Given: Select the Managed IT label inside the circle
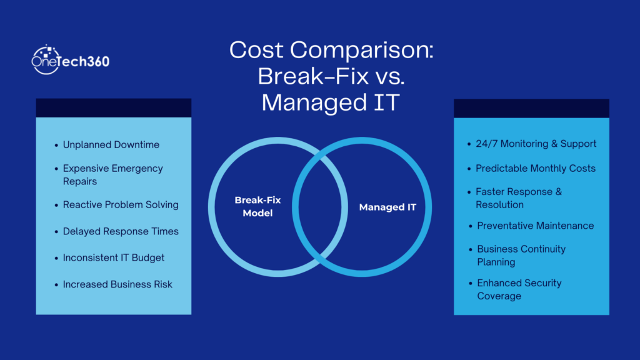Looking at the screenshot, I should tap(387, 207).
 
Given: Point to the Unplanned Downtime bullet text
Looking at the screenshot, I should tap(111, 145).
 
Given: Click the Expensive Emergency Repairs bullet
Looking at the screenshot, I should tap(112, 175).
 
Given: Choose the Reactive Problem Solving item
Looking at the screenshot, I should tap(121, 205).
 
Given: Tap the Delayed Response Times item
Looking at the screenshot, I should tap(121, 231).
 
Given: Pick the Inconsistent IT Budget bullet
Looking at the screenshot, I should tap(114, 257).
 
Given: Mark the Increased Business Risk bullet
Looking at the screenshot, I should tap(117, 284).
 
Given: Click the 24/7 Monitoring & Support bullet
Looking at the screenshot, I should tap(536, 144).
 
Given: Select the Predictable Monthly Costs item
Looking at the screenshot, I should tap(536, 168).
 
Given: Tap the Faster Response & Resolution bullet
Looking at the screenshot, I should tap(518, 198).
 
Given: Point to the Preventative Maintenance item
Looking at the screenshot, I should tap(535, 226).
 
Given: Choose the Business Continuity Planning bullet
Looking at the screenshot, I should tap(521, 255).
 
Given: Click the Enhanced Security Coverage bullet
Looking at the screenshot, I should tap(519, 289).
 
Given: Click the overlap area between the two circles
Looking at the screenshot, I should tap(320, 207).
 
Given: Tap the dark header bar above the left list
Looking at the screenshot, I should tap(113, 107).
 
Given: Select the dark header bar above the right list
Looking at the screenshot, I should tap(531, 107).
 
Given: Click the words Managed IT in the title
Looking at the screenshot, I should tap(330, 102).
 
